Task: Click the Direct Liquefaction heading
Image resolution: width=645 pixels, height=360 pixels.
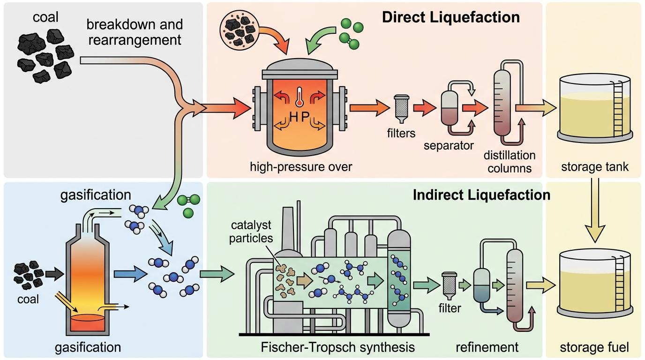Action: [450, 17]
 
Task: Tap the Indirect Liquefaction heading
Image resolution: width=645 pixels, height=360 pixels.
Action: [481, 195]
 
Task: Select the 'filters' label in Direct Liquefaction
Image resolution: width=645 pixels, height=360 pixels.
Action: [402, 134]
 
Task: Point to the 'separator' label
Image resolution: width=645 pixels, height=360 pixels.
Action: [449, 145]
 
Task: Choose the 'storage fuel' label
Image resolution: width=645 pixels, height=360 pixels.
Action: [594, 347]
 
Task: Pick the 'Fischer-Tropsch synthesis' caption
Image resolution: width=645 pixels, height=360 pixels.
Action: [337, 347]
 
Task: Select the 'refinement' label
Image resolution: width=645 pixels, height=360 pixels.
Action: [487, 347]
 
